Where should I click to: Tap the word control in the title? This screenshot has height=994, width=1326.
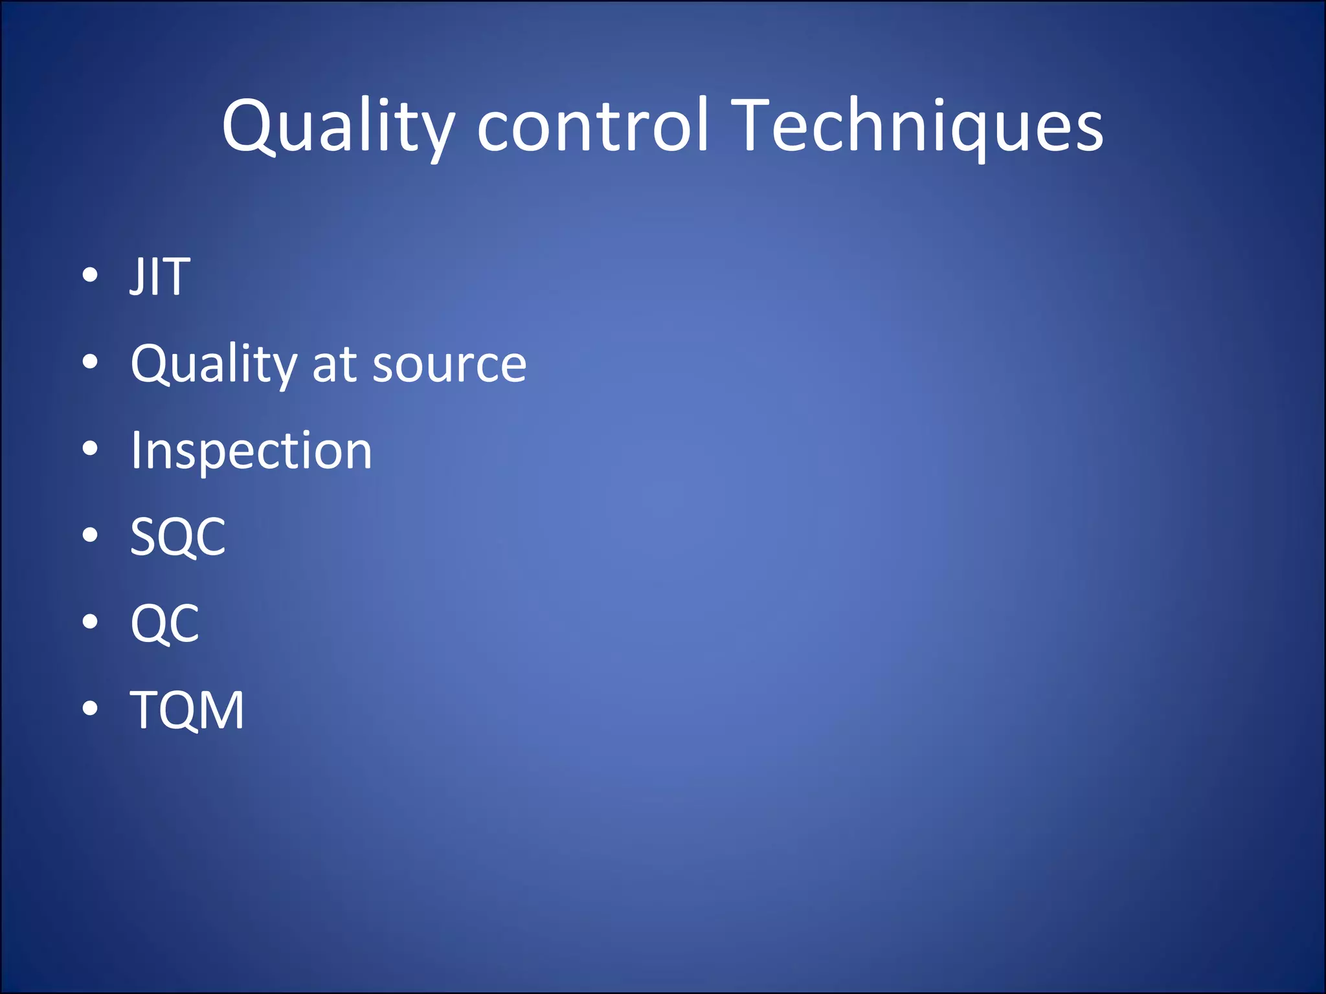(592, 127)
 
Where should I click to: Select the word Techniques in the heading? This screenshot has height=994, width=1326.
(919, 127)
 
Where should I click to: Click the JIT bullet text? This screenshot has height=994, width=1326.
(160, 277)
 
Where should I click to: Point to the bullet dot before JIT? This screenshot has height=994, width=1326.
(90, 275)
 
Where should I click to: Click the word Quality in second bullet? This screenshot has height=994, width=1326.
(213, 364)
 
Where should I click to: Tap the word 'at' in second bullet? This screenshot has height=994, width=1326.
(334, 365)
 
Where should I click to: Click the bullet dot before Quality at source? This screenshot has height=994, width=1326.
(90, 362)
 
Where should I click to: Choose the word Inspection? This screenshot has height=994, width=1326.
(251, 450)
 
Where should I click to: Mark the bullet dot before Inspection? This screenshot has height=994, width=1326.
(90, 448)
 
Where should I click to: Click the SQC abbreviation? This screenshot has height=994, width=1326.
(178, 537)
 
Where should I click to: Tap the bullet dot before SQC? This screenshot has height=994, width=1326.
(90, 535)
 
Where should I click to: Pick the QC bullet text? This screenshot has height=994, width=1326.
(165, 624)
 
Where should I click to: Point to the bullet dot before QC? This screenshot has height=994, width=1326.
(90, 622)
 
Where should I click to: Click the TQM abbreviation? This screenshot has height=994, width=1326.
(187, 711)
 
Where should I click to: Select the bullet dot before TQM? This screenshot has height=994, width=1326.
(90, 709)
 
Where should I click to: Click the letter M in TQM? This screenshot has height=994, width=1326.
(222, 711)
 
